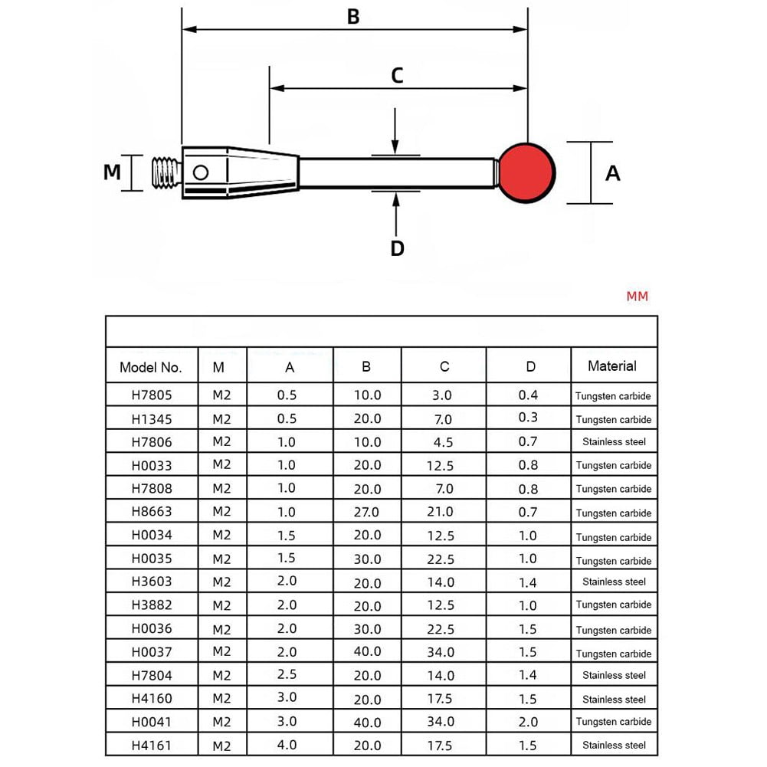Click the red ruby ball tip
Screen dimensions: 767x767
527,173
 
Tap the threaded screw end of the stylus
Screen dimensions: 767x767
166,173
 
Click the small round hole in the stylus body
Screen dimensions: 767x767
201,172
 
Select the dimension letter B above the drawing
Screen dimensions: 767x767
353,17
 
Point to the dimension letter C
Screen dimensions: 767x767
397,76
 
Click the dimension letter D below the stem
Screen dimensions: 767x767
397,248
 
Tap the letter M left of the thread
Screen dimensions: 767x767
113,172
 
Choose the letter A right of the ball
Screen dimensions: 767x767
612,174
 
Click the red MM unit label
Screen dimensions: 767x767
637,296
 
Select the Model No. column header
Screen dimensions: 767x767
151,367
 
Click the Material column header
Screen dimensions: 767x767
612,366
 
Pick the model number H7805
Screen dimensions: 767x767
151,396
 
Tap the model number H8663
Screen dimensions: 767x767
151,512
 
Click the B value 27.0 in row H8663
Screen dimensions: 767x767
367,512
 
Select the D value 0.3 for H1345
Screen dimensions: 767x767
529,418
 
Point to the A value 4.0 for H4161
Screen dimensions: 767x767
287,745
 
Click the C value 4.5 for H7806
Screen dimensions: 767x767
444,442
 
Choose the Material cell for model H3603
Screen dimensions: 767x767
614,582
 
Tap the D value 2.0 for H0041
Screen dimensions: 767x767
529,721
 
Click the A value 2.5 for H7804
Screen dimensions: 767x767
287,674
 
